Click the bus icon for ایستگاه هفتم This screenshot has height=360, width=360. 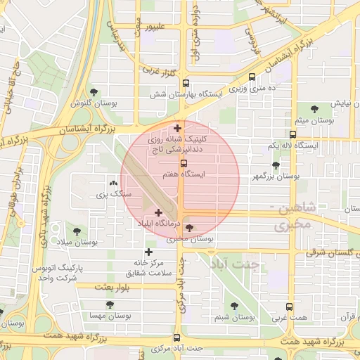click(x=184, y=163)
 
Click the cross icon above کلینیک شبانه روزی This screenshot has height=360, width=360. click(x=177, y=128)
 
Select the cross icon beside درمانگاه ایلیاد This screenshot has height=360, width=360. click(x=157, y=212)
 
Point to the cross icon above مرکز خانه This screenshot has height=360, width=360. click(x=148, y=252)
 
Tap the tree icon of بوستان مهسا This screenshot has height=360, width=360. click(x=109, y=304)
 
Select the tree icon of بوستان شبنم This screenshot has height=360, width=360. click(x=234, y=306)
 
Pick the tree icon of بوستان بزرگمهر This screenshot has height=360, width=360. click(x=276, y=165)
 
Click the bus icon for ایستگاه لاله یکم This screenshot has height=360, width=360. click(x=292, y=134)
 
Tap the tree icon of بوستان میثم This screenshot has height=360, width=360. click(x=313, y=109)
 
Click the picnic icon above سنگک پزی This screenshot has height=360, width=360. click(x=115, y=183)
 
